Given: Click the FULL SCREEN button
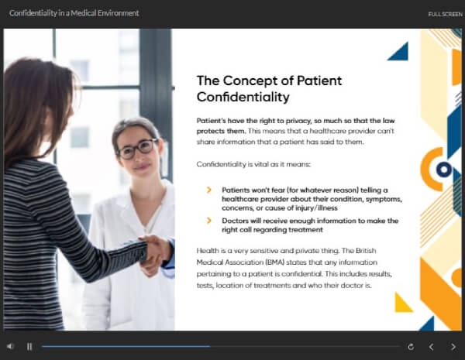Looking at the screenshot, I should (x=445, y=14).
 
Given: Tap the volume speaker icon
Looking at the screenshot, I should (x=11, y=346).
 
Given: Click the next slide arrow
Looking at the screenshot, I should (x=453, y=346).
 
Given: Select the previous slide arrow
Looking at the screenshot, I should (x=432, y=346).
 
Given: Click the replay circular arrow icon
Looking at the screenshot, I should (x=410, y=346).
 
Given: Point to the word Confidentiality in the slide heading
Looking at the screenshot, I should (x=243, y=97).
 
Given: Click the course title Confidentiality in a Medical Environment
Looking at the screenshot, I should (x=74, y=13).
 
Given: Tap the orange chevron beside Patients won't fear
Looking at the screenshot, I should (x=208, y=190).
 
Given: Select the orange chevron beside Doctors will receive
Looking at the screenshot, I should (x=208, y=221).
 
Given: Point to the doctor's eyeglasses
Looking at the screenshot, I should (x=137, y=149).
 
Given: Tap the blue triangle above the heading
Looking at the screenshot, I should (x=398, y=52).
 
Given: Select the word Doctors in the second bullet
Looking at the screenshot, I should (x=237, y=221).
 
